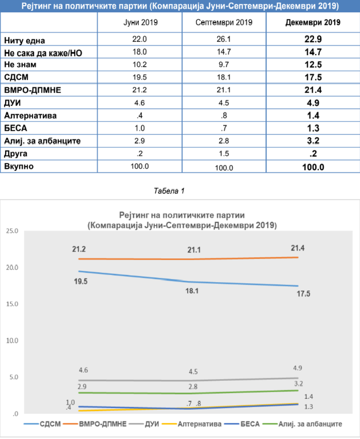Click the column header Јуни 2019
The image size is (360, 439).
pos(140,23)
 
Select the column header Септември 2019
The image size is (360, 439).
pos(224,23)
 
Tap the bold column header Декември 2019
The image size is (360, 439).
pos(313,23)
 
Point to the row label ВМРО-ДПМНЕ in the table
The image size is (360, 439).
pos(32,89)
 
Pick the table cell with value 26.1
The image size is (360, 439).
pos(224,40)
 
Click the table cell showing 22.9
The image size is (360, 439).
pos(313,40)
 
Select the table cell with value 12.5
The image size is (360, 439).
pos(313,64)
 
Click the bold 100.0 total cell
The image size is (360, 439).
pos(313,167)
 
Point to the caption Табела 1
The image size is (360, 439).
pos(169,191)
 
